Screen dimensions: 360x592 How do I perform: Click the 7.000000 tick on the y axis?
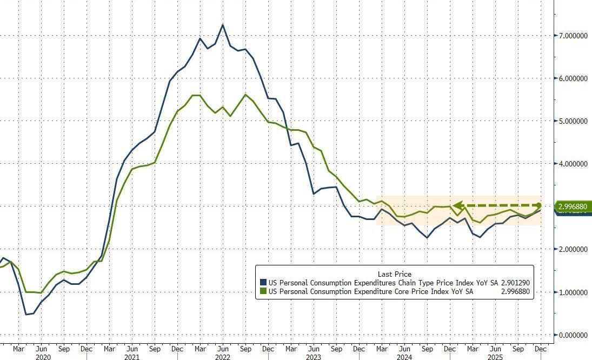(573, 35)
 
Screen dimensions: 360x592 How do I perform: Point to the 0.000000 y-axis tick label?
(573, 335)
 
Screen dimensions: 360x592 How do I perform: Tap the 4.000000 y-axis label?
(573, 164)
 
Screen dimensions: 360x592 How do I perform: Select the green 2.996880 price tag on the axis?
(574, 206)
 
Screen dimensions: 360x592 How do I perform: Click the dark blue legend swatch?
(263, 282)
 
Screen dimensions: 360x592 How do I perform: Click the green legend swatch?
(263, 291)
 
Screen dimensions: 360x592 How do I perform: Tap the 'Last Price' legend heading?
(395, 274)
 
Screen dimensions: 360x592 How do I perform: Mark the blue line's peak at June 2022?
(223, 25)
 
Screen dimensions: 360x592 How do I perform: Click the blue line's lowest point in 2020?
(26, 314)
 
